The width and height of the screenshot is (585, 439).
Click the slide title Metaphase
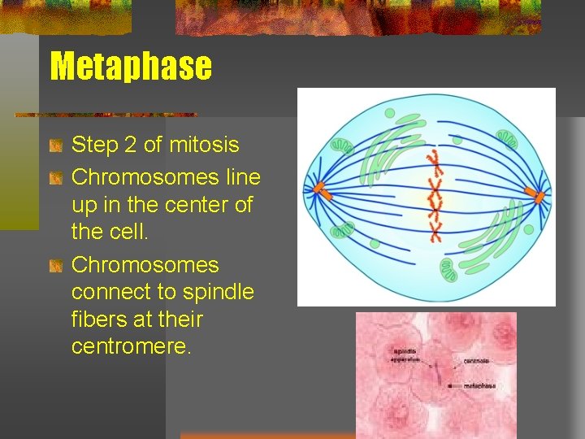131,66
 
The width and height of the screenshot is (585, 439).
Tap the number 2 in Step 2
130,146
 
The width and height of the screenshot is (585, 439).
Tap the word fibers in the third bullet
102,319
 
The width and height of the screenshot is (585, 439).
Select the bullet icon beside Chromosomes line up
55,177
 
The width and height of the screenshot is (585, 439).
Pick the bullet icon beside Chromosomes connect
55,266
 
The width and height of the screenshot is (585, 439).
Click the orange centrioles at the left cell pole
319,191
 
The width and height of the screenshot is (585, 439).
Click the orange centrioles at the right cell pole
533,195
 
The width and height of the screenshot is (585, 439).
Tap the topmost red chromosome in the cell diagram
434,155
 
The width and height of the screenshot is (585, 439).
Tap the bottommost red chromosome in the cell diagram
435,235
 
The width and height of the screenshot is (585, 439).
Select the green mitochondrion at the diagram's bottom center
449,270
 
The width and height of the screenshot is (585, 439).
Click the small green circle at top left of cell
388,113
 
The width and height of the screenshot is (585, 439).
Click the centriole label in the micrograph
476,360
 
